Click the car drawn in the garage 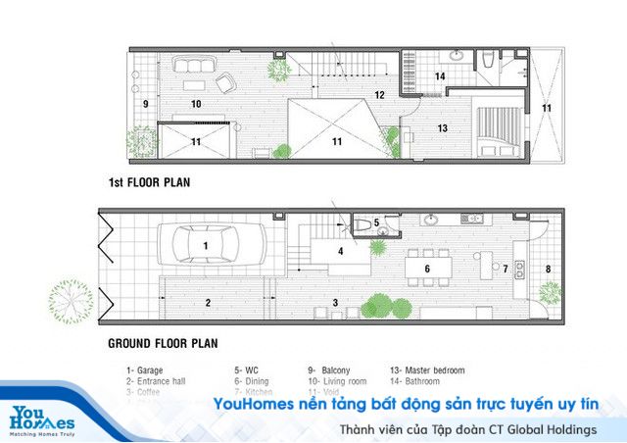205,244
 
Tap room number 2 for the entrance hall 208,303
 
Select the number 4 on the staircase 340,251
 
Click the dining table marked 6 427,267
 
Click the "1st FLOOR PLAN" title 149,182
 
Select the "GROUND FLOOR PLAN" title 163,344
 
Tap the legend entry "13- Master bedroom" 427,370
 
